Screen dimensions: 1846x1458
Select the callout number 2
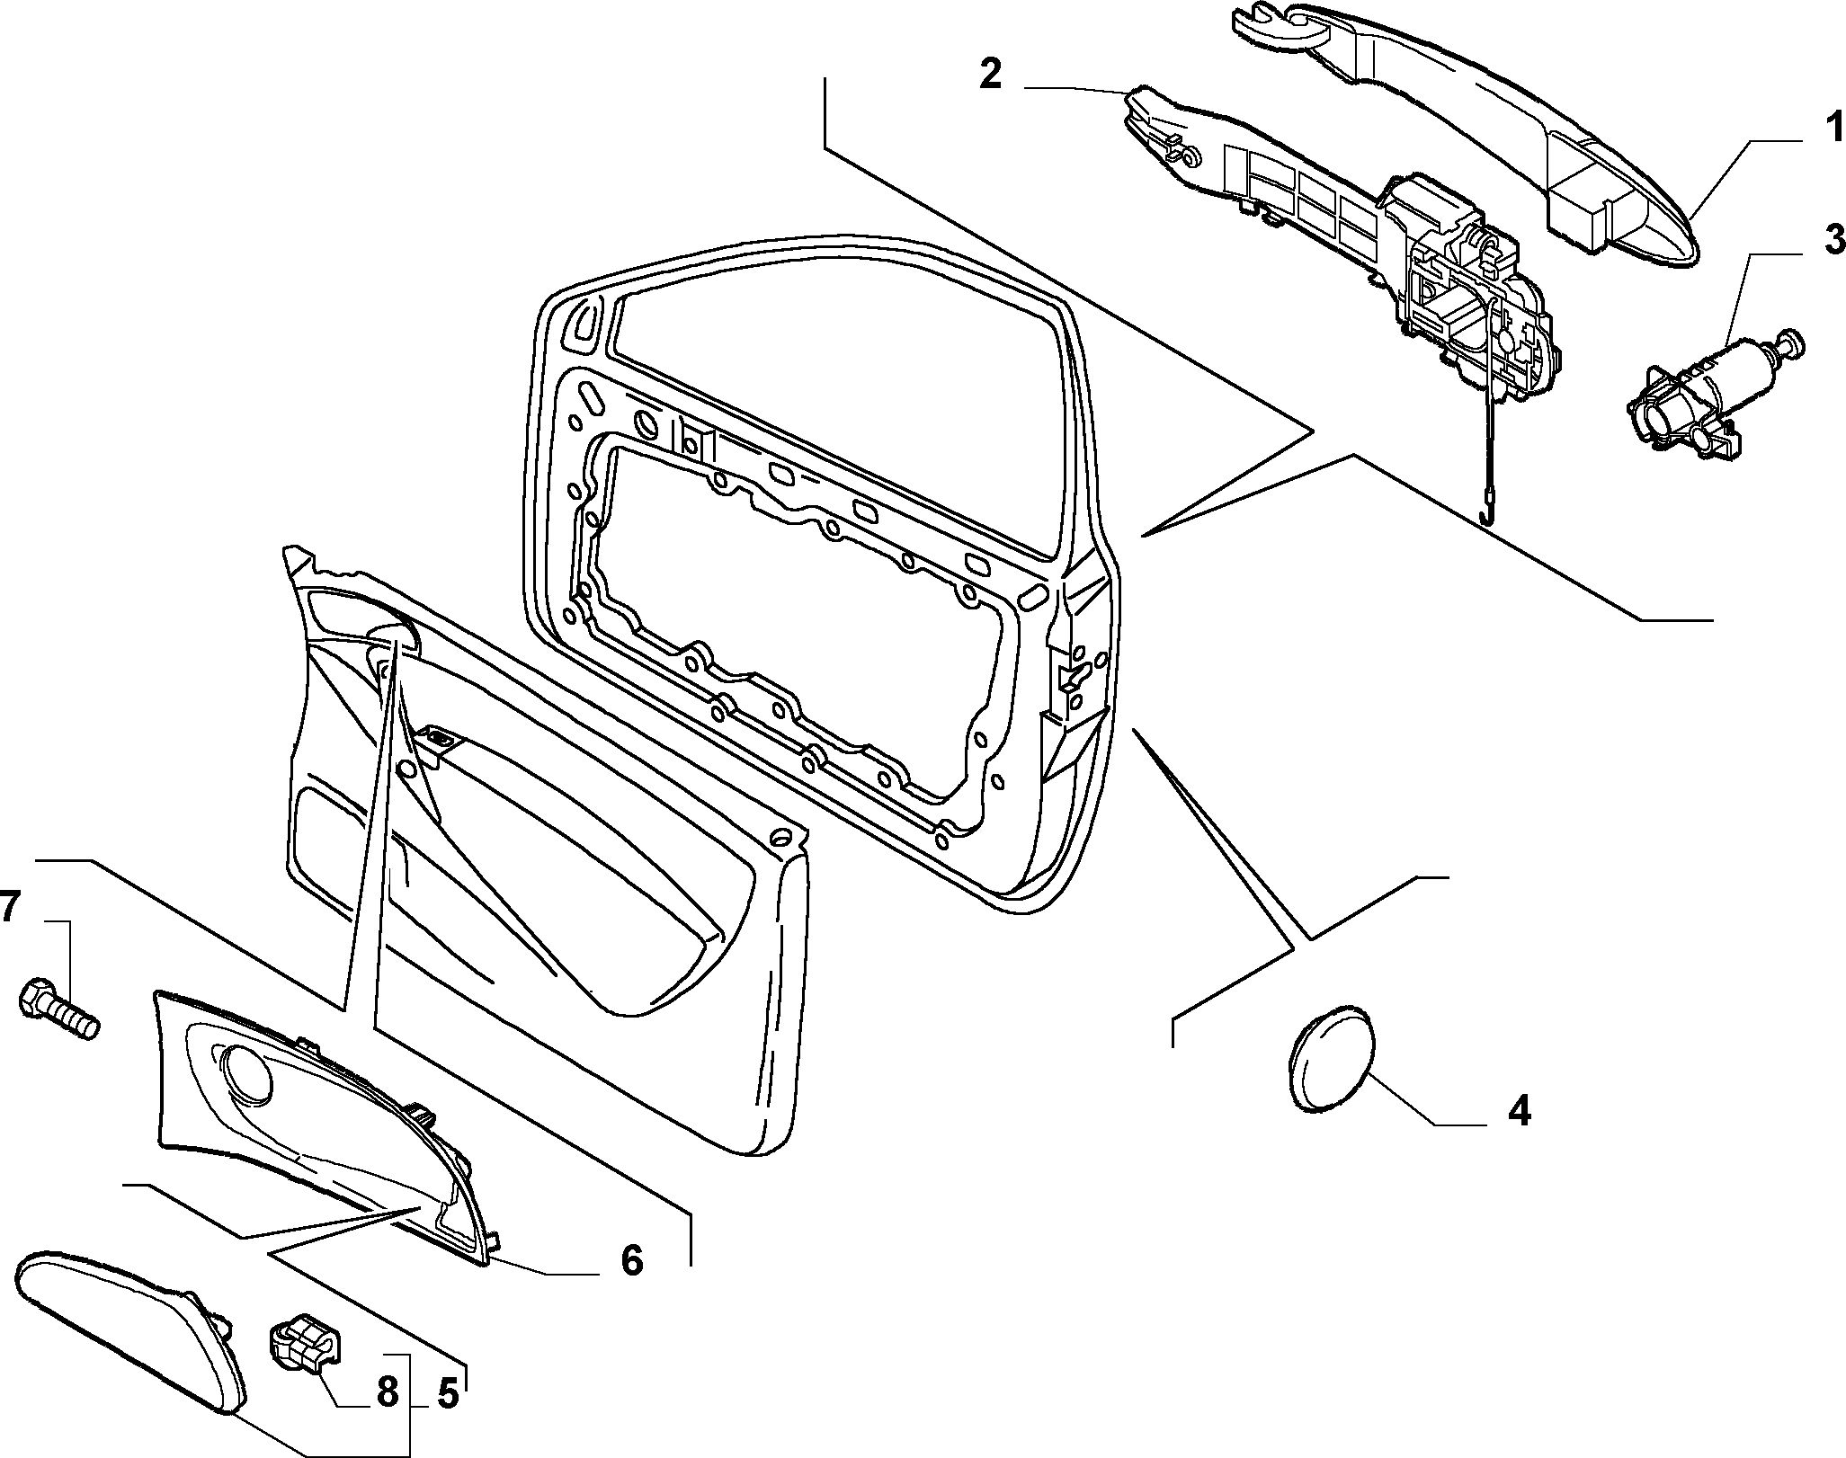[x=990, y=74]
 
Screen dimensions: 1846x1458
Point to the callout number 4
[x=1519, y=1113]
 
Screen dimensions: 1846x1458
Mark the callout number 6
[x=632, y=1260]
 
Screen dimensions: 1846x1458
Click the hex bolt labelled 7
[x=58, y=1007]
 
